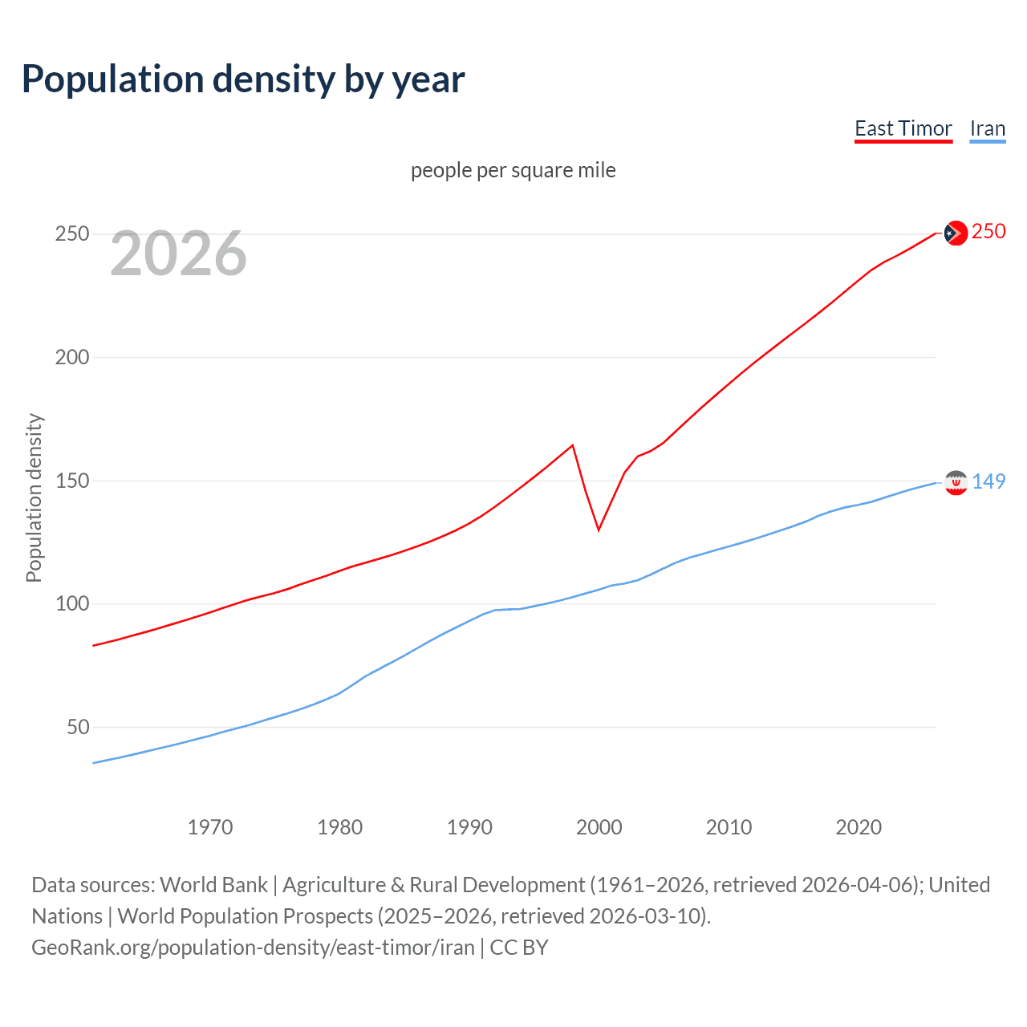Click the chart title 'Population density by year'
[243, 79]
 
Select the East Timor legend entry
[903, 129]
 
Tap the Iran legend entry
[987, 129]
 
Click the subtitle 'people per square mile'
[513, 170]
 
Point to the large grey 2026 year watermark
[178, 254]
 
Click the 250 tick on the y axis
[71, 234]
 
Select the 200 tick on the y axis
[71, 358]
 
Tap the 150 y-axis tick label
[71, 481]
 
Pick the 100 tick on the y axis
[71, 604]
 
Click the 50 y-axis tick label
[78, 728]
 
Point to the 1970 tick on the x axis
[210, 827]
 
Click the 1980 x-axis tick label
[339, 827]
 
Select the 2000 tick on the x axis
[599, 827]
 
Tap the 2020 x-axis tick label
[859, 827]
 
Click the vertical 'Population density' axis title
[34, 497]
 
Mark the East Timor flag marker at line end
[955, 233]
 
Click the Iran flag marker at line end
[955, 482]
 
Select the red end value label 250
[988, 232]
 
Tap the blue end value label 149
[988, 481]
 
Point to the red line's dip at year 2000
[599, 530]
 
